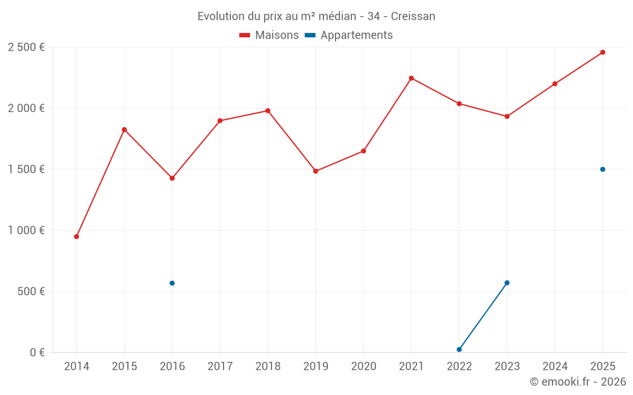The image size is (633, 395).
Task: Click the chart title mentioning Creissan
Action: [x=316, y=16]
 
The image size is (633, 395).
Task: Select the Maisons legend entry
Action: [x=269, y=35]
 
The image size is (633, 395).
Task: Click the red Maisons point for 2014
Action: [x=77, y=236]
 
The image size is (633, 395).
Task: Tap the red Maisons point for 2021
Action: [x=411, y=78]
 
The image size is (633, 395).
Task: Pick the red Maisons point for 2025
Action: [x=603, y=52]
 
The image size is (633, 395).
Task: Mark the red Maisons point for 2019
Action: [x=316, y=171]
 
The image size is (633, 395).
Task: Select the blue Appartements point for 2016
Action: [x=172, y=283]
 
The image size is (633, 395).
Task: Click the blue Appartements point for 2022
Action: [x=459, y=349]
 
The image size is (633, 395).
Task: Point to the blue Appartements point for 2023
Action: [x=507, y=283]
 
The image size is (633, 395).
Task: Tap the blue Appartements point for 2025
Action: [x=603, y=169]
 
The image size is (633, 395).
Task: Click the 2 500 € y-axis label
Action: [x=26, y=47]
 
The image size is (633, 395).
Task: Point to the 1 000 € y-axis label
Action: [x=26, y=231]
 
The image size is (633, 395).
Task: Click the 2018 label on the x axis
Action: [x=268, y=367]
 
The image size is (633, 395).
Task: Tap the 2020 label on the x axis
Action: [x=363, y=367]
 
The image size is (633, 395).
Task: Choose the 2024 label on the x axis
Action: [x=555, y=367]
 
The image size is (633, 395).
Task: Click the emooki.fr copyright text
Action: [x=577, y=382]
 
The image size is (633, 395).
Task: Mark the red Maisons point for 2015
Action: [x=124, y=130]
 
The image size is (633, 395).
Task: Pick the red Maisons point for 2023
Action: [x=507, y=116]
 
